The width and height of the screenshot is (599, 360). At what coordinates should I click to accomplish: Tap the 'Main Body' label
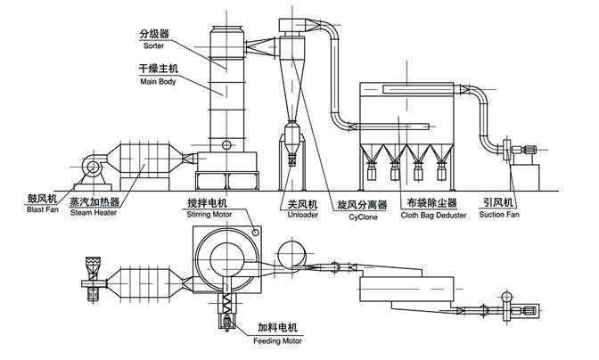click(x=157, y=82)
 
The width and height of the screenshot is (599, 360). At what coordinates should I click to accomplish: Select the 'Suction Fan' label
click(x=504, y=214)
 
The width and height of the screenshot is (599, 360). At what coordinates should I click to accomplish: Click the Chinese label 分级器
click(x=152, y=32)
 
